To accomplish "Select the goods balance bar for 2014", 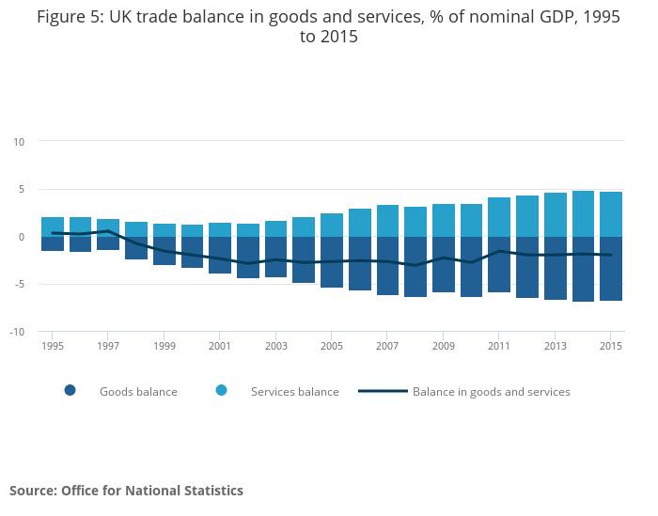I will click(583, 269).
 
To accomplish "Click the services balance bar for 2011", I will click(499, 217).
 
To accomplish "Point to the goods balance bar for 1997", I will click(108, 243).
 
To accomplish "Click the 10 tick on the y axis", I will click(19, 141).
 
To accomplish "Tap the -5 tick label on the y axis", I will click(19, 284).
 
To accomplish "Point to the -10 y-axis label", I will click(17, 332).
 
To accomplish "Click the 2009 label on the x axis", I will click(444, 346).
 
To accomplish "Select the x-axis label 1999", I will click(164, 346).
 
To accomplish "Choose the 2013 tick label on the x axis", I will click(556, 346).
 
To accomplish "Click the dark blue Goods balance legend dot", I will click(70, 391).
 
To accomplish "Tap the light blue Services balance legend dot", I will click(221, 391).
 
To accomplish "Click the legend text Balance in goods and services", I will click(492, 392).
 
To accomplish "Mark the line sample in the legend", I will click(383, 391).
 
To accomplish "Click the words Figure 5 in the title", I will click(69, 17).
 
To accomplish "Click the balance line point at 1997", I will click(108, 230).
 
